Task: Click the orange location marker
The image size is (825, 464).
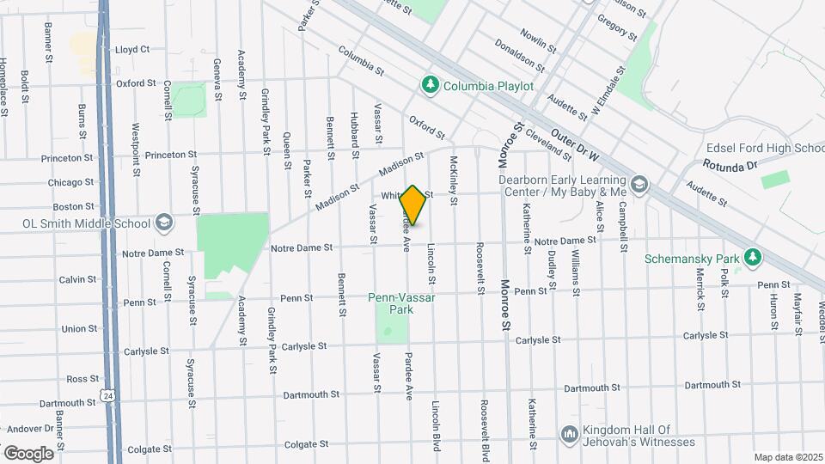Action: tap(413, 205)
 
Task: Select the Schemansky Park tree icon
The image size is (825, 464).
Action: tap(753, 257)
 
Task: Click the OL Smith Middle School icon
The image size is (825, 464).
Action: tap(162, 223)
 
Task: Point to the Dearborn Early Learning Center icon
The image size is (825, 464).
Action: tap(639, 184)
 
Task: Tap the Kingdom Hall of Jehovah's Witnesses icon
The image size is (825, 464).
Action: tap(569, 435)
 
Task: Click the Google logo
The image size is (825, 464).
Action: tap(28, 453)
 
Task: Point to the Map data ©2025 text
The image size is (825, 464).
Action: tap(788, 457)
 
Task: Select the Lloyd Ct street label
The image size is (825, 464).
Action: tap(132, 50)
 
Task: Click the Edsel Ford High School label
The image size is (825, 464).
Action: tap(764, 149)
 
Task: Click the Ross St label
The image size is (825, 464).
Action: tap(82, 378)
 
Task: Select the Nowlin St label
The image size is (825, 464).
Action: tap(533, 35)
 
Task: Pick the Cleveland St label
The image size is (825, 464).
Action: tap(547, 144)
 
